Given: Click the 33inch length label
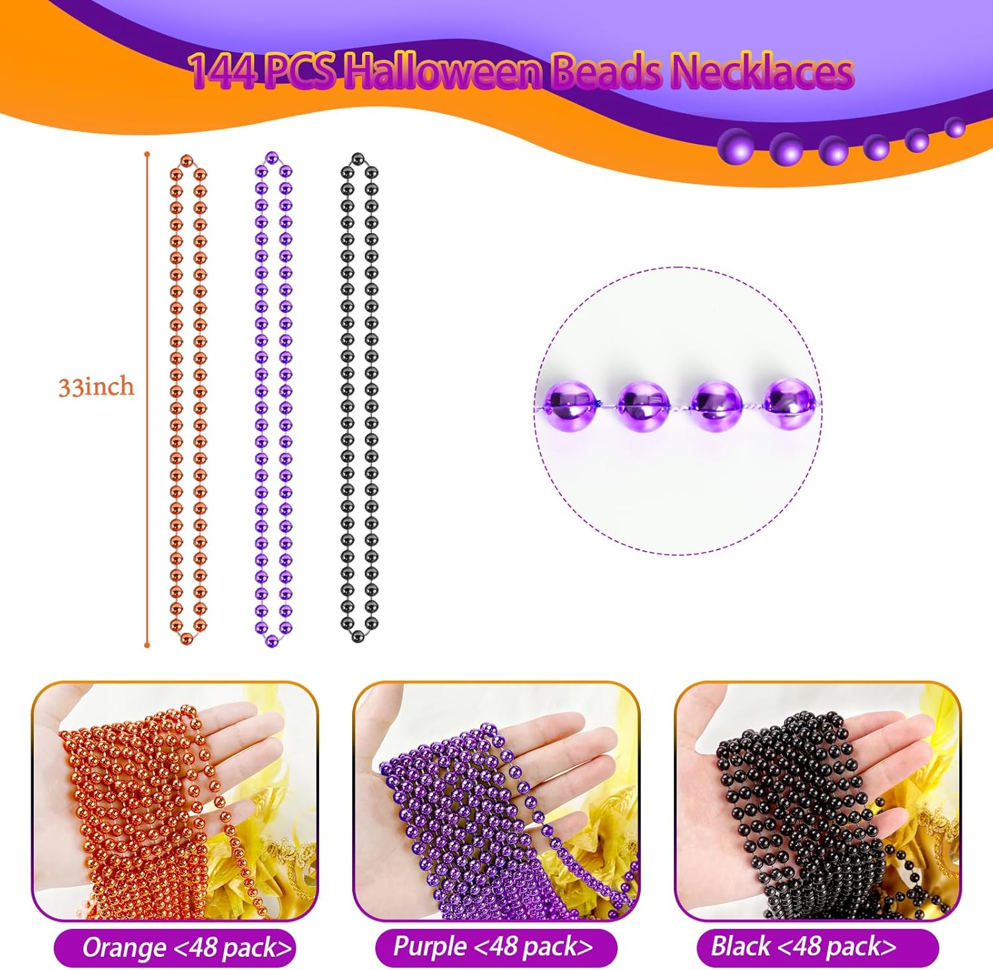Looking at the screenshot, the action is pyautogui.click(x=96, y=387).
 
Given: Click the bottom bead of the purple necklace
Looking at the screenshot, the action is pyautogui.click(x=270, y=640).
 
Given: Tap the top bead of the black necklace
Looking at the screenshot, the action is pyautogui.click(x=358, y=159).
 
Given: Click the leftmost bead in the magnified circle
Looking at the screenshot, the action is pyautogui.click(x=570, y=403).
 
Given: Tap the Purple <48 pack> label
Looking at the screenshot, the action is pyautogui.click(x=493, y=947).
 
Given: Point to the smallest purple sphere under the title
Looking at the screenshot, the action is pyautogui.click(x=955, y=127).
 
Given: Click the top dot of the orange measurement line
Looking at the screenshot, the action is pyautogui.click(x=147, y=155).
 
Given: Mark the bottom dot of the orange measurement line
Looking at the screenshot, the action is pyautogui.click(x=147, y=644).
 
